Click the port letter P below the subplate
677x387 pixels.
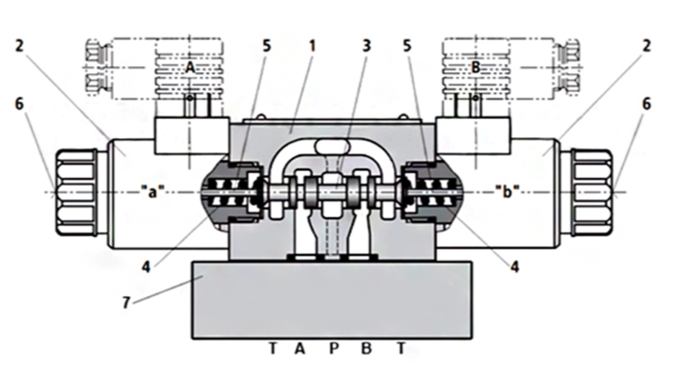tap(333, 349)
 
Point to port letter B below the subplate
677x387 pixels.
tap(366, 349)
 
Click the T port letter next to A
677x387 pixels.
tap(272, 349)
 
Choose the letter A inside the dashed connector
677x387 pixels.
tap(190, 68)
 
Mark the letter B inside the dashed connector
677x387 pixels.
tap(477, 68)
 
